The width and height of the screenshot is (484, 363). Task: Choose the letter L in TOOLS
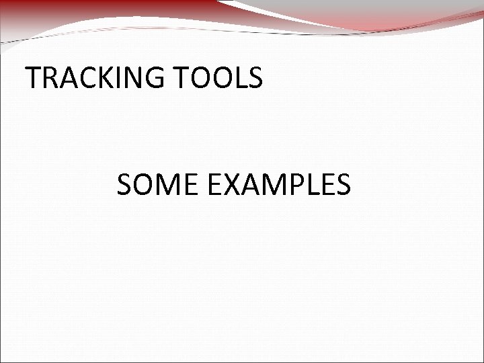pos(237,79)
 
